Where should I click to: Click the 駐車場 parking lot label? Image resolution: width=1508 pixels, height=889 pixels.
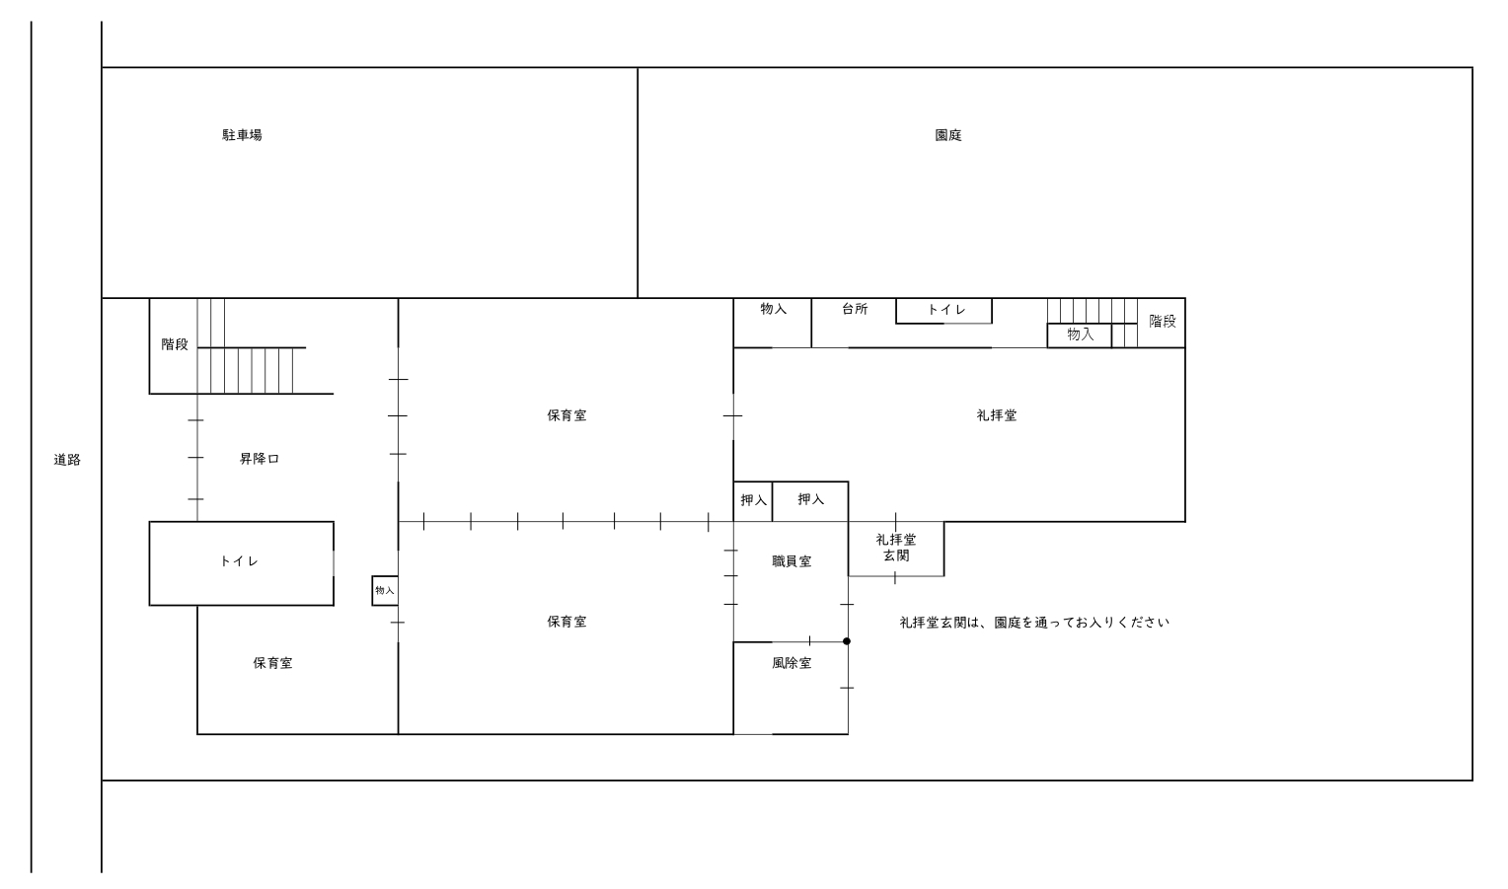242,135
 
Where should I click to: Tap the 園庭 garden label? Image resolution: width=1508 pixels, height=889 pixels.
947,135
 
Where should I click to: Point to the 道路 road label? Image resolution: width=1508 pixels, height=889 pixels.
67,460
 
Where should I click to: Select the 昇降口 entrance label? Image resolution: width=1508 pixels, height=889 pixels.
260,459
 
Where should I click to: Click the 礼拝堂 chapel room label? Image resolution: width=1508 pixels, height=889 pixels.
997,415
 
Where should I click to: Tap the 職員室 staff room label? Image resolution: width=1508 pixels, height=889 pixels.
792,561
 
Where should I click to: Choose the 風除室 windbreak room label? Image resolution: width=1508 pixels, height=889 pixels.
792,663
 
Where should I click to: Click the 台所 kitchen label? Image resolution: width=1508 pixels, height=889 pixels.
855,309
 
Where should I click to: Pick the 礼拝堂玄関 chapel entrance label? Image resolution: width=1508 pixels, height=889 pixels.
896,548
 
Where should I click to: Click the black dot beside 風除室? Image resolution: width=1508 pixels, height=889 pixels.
847,641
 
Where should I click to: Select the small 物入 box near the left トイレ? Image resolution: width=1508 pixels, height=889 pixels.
385,590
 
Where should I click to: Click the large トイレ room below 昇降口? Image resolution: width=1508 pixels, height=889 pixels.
241,563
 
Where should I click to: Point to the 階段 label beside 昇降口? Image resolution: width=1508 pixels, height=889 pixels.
175,344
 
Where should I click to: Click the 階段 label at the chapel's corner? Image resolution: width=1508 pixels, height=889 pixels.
1163,321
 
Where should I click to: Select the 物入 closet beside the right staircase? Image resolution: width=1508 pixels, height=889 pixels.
1079,335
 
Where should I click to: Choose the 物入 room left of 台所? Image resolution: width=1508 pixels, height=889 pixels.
772,323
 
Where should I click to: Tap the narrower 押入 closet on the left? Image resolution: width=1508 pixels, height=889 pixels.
753,501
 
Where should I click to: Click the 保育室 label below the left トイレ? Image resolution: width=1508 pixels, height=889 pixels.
272,663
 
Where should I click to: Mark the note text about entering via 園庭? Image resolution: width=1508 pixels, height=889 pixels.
1034,623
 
